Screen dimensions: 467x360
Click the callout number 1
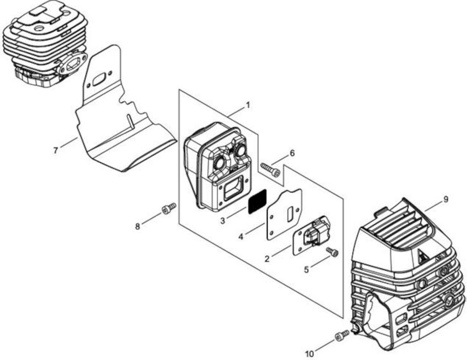pyautogui.click(x=248, y=105)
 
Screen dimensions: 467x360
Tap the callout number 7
pyautogui.click(x=56, y=150)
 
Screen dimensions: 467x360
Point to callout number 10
pyautogui.click(x=309, y=354)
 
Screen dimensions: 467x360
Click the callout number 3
pyautogui.click(x=223, y=220)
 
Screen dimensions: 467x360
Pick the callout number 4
pyautogui.click(x=241, y=237)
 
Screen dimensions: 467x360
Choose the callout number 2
pyautogui.click(x=267, y=259)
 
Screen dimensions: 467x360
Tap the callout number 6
pyautogui.click(x=292, y=153)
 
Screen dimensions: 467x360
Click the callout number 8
pyautogui.click(x=137, y=226)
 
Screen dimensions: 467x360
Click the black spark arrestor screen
pyautogui.click(x=257, y=201)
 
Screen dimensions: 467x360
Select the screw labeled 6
pyautogui.click(x=270, y=170)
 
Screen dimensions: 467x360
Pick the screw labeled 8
pyautogui.click(x=169, y=208)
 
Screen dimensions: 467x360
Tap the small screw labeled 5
pyautogui.click(x=332, y=252)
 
